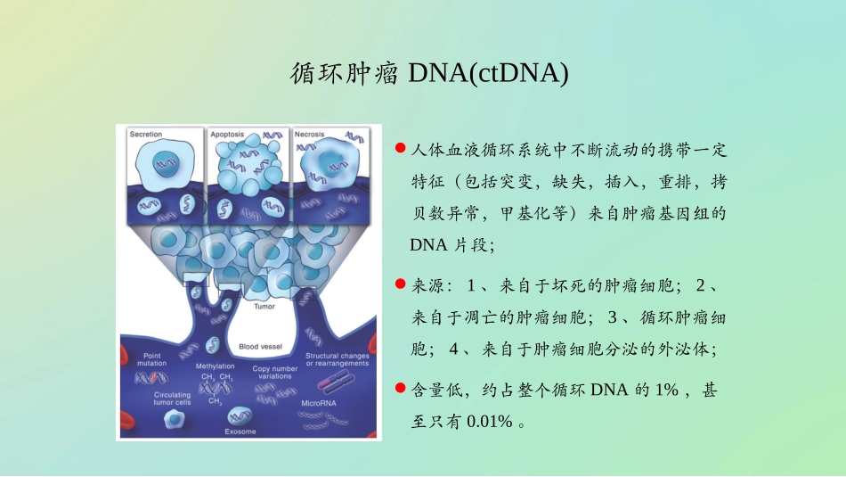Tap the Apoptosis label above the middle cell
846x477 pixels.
226,134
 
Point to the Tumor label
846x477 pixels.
264,306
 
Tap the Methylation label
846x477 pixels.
215,366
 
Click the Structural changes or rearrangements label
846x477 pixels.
337,359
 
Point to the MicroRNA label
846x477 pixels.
319,403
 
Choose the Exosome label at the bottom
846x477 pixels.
240,432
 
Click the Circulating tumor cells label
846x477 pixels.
172,398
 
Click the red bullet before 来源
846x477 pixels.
401,284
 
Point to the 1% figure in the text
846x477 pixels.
663,390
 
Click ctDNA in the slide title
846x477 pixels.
517,73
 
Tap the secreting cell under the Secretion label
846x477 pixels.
160,163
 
